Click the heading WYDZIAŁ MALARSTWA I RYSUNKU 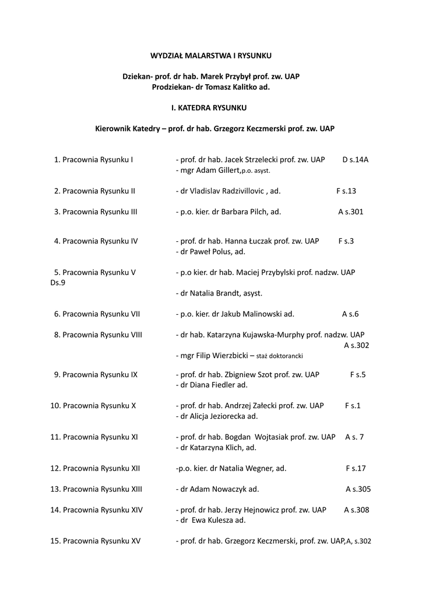[x=210, y=55]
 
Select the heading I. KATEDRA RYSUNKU [x=209, y=108]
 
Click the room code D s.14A [x=355, y=159]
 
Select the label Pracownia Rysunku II [x=99, y=191]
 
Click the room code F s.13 [x=346, y=191]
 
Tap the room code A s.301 [x=350, y=212]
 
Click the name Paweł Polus [x=210, y=252]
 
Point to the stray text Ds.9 [x=58, y=283]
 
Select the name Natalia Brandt [x=214, y=293]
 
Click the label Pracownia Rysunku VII [x=101, y=314]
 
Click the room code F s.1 [x=353, y=405]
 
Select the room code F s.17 [x=356, y=468]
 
